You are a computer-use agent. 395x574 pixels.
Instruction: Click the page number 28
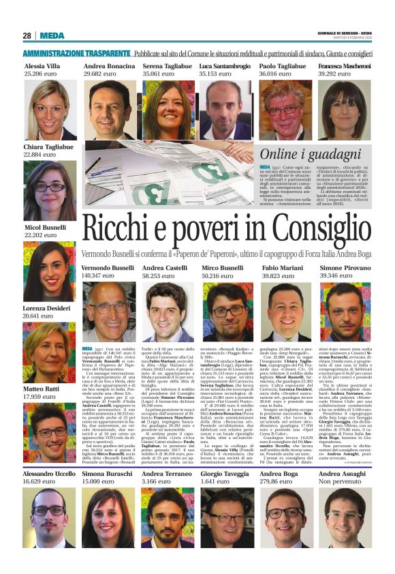coord(27,36)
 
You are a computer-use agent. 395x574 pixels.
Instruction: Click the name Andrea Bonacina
coord(109,65)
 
